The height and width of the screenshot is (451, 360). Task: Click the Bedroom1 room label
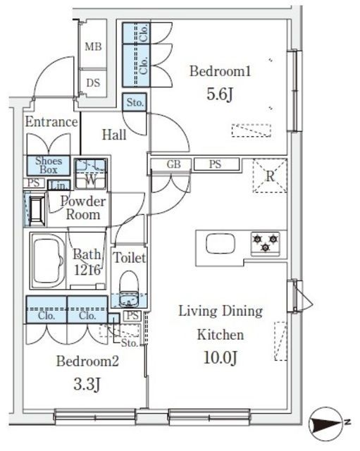[x=220, y=71]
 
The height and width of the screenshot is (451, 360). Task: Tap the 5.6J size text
[x=219, y=94]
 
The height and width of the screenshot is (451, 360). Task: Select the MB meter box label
[x=93, y=47]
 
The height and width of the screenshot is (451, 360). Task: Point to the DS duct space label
[x=93, y=83]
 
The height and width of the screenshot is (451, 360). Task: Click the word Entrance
[x=51, y=122]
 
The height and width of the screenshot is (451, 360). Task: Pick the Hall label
[x=114, y=135]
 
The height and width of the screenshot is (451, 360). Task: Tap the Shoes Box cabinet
[x=49, y=166]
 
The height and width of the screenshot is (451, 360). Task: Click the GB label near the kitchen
[x=174, y=164]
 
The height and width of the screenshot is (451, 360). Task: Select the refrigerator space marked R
[x=270, y=175]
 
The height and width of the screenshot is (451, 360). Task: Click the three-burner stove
[x=265, y=243]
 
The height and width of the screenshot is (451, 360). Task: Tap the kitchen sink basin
[x=221, y=244]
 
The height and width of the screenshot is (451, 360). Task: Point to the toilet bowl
[x=128, y=289]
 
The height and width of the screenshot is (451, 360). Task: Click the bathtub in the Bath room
[x=47, y=261]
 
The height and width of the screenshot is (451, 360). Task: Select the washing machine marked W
[x=91, y=174]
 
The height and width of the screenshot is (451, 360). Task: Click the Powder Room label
[x=83, y=208]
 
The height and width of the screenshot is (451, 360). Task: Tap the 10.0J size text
[x=221, y=357]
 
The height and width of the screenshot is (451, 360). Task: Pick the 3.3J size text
[x=87, y=384]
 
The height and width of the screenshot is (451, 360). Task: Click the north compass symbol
[x=326, y=423]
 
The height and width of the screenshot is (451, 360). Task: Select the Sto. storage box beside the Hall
[x=135, y=102]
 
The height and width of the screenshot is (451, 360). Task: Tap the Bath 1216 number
[x=87, y=270]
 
